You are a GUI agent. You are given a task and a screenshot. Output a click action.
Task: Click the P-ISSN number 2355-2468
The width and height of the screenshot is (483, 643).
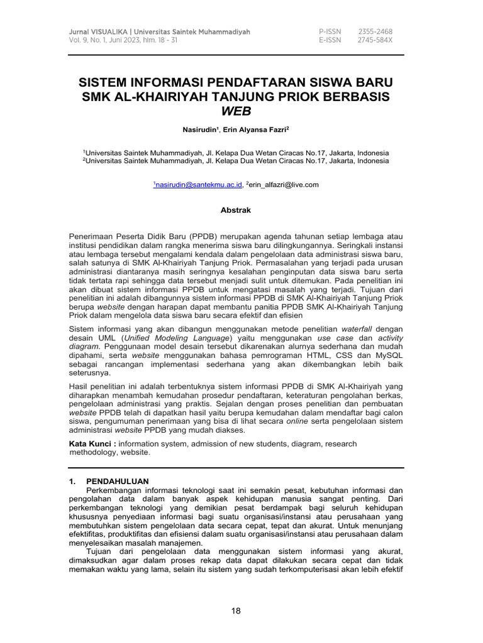(375, 31)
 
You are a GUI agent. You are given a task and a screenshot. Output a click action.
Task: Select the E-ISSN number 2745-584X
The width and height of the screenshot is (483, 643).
(375, 40)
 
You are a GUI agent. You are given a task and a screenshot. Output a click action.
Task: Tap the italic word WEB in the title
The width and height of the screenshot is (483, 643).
(236, 112)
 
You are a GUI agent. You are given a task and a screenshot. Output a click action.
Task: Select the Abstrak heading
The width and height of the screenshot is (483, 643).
(236, 211)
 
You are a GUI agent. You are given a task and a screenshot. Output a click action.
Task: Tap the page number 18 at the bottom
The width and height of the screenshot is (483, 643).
(236, 610)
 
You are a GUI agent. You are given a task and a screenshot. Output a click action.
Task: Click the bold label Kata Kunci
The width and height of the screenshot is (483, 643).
(91, 443)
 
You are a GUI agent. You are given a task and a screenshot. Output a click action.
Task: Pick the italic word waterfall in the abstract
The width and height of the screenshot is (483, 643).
(357, 328)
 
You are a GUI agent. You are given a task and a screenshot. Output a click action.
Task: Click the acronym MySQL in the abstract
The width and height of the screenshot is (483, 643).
(388, 355)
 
